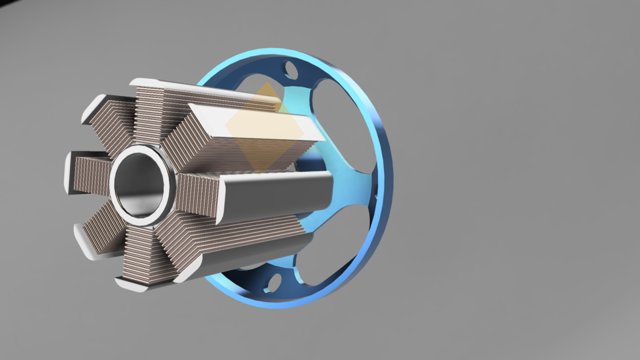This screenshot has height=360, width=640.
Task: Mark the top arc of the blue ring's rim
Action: coord(287,53)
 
